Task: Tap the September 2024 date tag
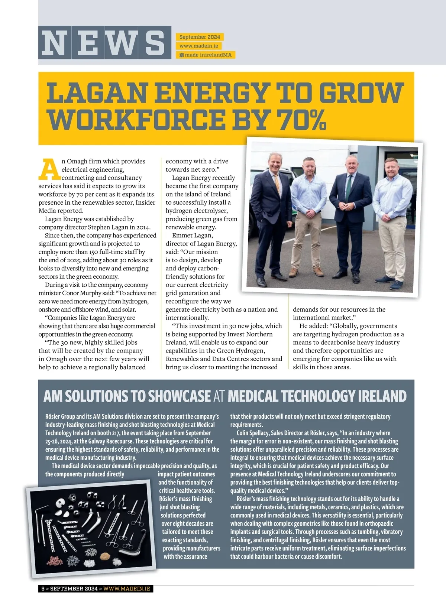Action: click(x=200, y=37)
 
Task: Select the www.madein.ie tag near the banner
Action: click(x=199, y=46)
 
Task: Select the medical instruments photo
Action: click(x=89, y=528)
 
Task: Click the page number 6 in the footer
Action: click(x=43, y=588)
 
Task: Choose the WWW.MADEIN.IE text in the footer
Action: click(x=127, y=588)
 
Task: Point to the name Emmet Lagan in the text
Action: click(x=193, y=236)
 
